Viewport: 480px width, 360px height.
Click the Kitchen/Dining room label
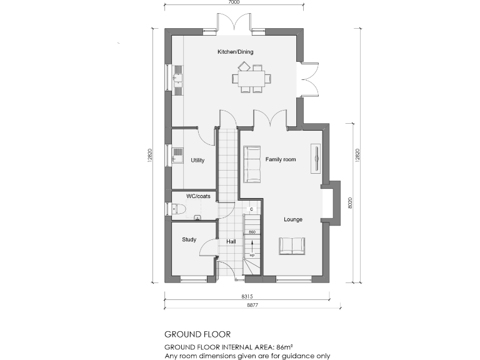pyautogui.click(x=235, y=52)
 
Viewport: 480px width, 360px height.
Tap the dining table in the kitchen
pyautogui.click(x=252, y=79)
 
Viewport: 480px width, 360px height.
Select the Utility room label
pyautogui.click(x=197, y=161)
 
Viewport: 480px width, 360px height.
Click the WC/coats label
pyautogui.click(x=198, y=196)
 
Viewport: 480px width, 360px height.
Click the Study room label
pyautogui.click(x=189, y=239)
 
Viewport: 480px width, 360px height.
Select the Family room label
pyautogui.click(x=281, y=160)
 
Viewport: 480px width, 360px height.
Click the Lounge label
pyautogui.click(x=293, y=219)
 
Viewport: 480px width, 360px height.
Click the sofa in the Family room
pyautogui.click(x=253, y=164)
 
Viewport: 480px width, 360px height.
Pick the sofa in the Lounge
pyautogui.click(x=291, y=246)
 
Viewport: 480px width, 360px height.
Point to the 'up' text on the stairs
pyautogui.click(x=252, y=255)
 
